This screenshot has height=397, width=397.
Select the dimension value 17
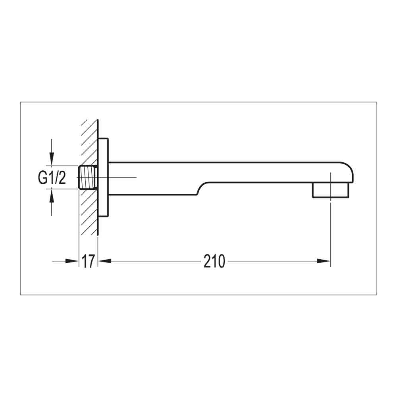click(x=88, y=261)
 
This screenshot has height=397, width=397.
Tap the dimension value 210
click(x=214, y=261)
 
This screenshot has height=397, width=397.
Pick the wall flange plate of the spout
click(x=103, y=177)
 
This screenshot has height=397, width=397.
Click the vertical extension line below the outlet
click(x=330, y=230)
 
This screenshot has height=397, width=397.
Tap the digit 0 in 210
click(x=221, y=261)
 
